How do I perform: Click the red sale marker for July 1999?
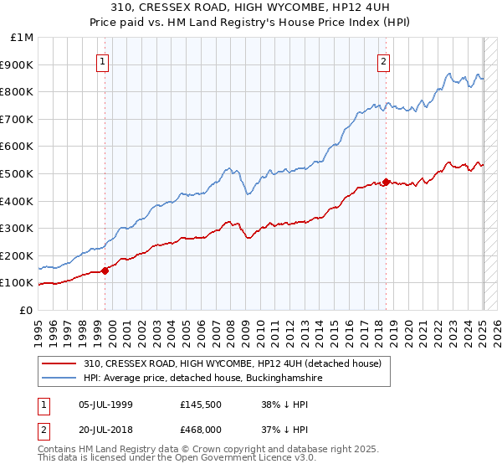(105, 271)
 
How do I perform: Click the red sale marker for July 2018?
(386, 182)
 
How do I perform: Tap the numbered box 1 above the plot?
(102, 60)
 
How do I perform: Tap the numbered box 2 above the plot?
(383, 60)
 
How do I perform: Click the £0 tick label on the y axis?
(27, 310)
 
